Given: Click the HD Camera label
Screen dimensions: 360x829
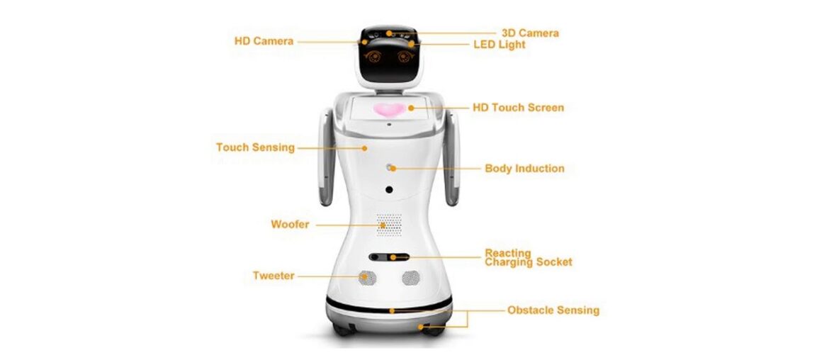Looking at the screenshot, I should pyautogui.click(x=264, y=41).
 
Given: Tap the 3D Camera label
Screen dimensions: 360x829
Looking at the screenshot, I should pyautogui.click(x=530, y=33).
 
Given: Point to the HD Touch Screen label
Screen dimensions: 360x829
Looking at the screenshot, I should pyautogui.click(x=518, y=108).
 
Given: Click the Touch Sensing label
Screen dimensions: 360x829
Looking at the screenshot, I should pyautogui.click(x=255, y=147).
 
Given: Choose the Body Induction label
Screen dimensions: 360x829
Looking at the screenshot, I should pyautogui.click(x=524, y=169).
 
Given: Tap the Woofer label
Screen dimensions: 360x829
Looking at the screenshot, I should pyautogui.click(x=290, y=225).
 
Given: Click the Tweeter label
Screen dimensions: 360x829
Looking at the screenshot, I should pyautogui.click(x=273, y=276).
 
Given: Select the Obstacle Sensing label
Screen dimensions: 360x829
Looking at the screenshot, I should pyautogui.click(x=553, y=310).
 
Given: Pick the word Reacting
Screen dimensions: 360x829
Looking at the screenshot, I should pyautogui.click(x=508, y=253).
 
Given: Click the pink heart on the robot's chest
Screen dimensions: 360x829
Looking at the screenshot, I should pyautogui.click(x=389, y=109).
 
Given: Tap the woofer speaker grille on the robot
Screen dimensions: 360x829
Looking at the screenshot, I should pyautogui.click(x=388, y=225).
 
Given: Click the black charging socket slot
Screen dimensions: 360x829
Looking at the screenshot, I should pyautogui.click(x=388, y=257).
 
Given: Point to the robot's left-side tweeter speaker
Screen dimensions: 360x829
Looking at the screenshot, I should pyautogui.click(x=366, y=277).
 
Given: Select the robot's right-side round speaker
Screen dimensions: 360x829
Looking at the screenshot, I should pyautogui.click(x=411, y=277).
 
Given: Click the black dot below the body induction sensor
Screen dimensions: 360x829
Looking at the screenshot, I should pyautogui.click(x=389, y=190).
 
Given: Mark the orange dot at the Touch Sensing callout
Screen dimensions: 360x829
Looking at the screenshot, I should pyautogui.click(x=364, y=148).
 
